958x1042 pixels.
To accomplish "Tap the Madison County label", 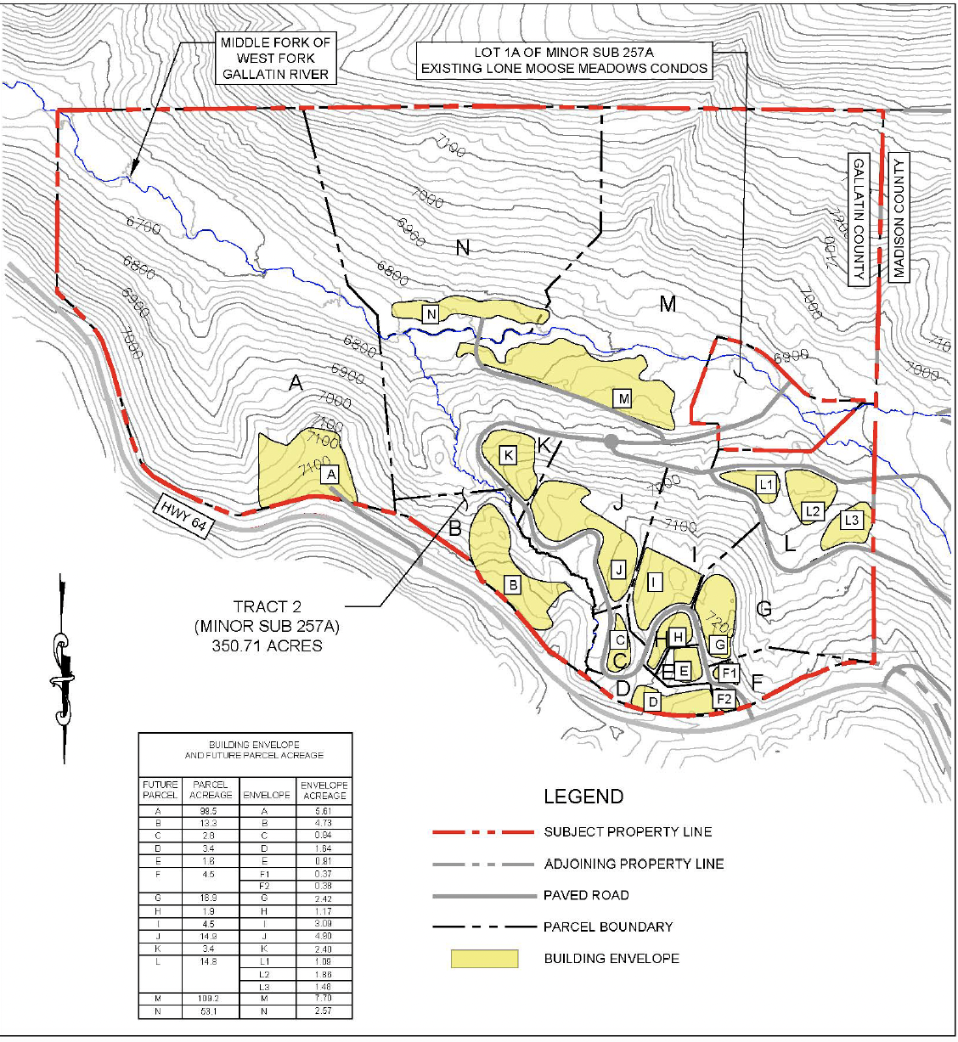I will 899,217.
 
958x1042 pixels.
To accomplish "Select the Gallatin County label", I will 859,219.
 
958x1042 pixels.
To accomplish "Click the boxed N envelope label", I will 431,315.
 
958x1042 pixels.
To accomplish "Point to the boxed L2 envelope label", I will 813,511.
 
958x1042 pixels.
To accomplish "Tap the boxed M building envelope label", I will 623,398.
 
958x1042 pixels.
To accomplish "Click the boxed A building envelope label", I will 331,475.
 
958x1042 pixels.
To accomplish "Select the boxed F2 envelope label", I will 724,699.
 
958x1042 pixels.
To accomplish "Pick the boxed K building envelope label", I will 509,456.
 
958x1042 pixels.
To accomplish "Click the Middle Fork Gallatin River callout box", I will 276,59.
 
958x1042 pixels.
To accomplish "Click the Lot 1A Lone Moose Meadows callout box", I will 564,60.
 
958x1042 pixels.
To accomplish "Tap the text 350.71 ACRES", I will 267,645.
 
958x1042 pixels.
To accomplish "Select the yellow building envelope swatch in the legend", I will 484,959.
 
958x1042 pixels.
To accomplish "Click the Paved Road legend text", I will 586,895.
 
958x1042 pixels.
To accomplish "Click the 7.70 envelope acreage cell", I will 324,999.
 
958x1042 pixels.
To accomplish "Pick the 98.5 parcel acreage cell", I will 209,811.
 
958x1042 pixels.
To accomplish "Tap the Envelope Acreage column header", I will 324,790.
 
